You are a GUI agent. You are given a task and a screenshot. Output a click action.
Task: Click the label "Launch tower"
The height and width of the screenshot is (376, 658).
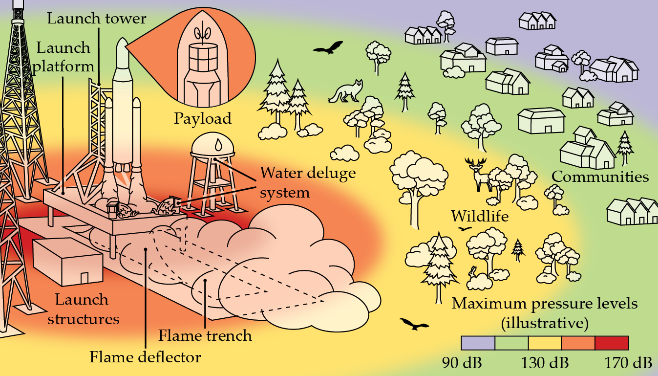97,19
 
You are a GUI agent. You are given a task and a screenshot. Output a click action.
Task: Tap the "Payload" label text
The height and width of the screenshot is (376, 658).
203,119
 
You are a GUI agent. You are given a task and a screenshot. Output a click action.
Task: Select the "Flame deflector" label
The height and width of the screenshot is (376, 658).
145,357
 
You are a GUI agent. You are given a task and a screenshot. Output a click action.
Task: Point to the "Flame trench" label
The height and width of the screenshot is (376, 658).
205,336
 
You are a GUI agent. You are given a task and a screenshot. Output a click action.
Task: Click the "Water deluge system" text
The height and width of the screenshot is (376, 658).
308,182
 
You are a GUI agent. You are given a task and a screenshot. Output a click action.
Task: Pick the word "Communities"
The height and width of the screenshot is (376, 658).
600,177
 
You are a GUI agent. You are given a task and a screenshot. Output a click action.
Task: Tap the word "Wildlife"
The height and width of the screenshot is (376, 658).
480,216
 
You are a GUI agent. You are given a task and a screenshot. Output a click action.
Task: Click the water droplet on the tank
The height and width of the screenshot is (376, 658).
217,145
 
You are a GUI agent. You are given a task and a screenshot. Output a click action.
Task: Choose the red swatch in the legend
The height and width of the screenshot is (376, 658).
612,343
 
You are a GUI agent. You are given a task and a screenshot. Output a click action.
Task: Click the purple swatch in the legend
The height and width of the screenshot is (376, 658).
478,343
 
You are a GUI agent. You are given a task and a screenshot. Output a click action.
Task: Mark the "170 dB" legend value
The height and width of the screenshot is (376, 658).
628,363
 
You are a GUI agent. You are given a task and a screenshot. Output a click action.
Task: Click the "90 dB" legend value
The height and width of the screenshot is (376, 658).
462,363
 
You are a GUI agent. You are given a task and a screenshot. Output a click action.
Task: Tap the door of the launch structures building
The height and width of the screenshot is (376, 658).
84,277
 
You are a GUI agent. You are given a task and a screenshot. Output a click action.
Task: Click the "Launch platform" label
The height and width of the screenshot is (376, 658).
64,56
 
